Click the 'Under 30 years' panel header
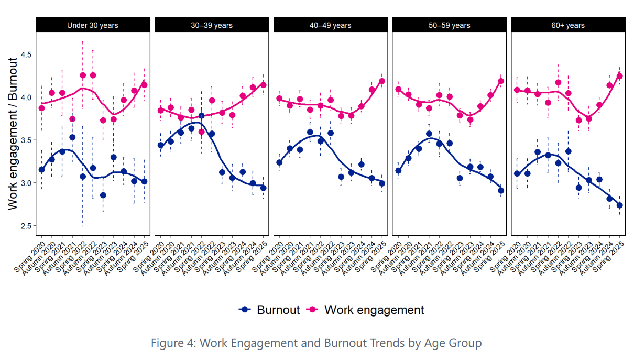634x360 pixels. (x=93, y=25)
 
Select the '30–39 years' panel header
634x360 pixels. (x=212, y=25)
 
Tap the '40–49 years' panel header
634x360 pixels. (x=330, y=25)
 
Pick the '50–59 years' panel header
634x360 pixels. (x=449, y=25)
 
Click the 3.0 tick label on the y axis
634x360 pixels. (x=26, y=183)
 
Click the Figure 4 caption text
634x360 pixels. (x=316, y=343)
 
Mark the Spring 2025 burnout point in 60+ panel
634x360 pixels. (x=620, y=205)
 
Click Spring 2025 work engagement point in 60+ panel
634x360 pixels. (x=620, y=76)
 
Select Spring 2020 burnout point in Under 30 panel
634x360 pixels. (x=41, y=170)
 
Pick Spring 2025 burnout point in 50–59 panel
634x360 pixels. (x=501, y=191)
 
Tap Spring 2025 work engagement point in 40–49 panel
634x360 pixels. (x=382, y=81)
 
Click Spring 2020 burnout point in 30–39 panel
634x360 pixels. (x=161, y=146)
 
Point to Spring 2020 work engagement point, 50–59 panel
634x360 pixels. (x=398, y=90)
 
